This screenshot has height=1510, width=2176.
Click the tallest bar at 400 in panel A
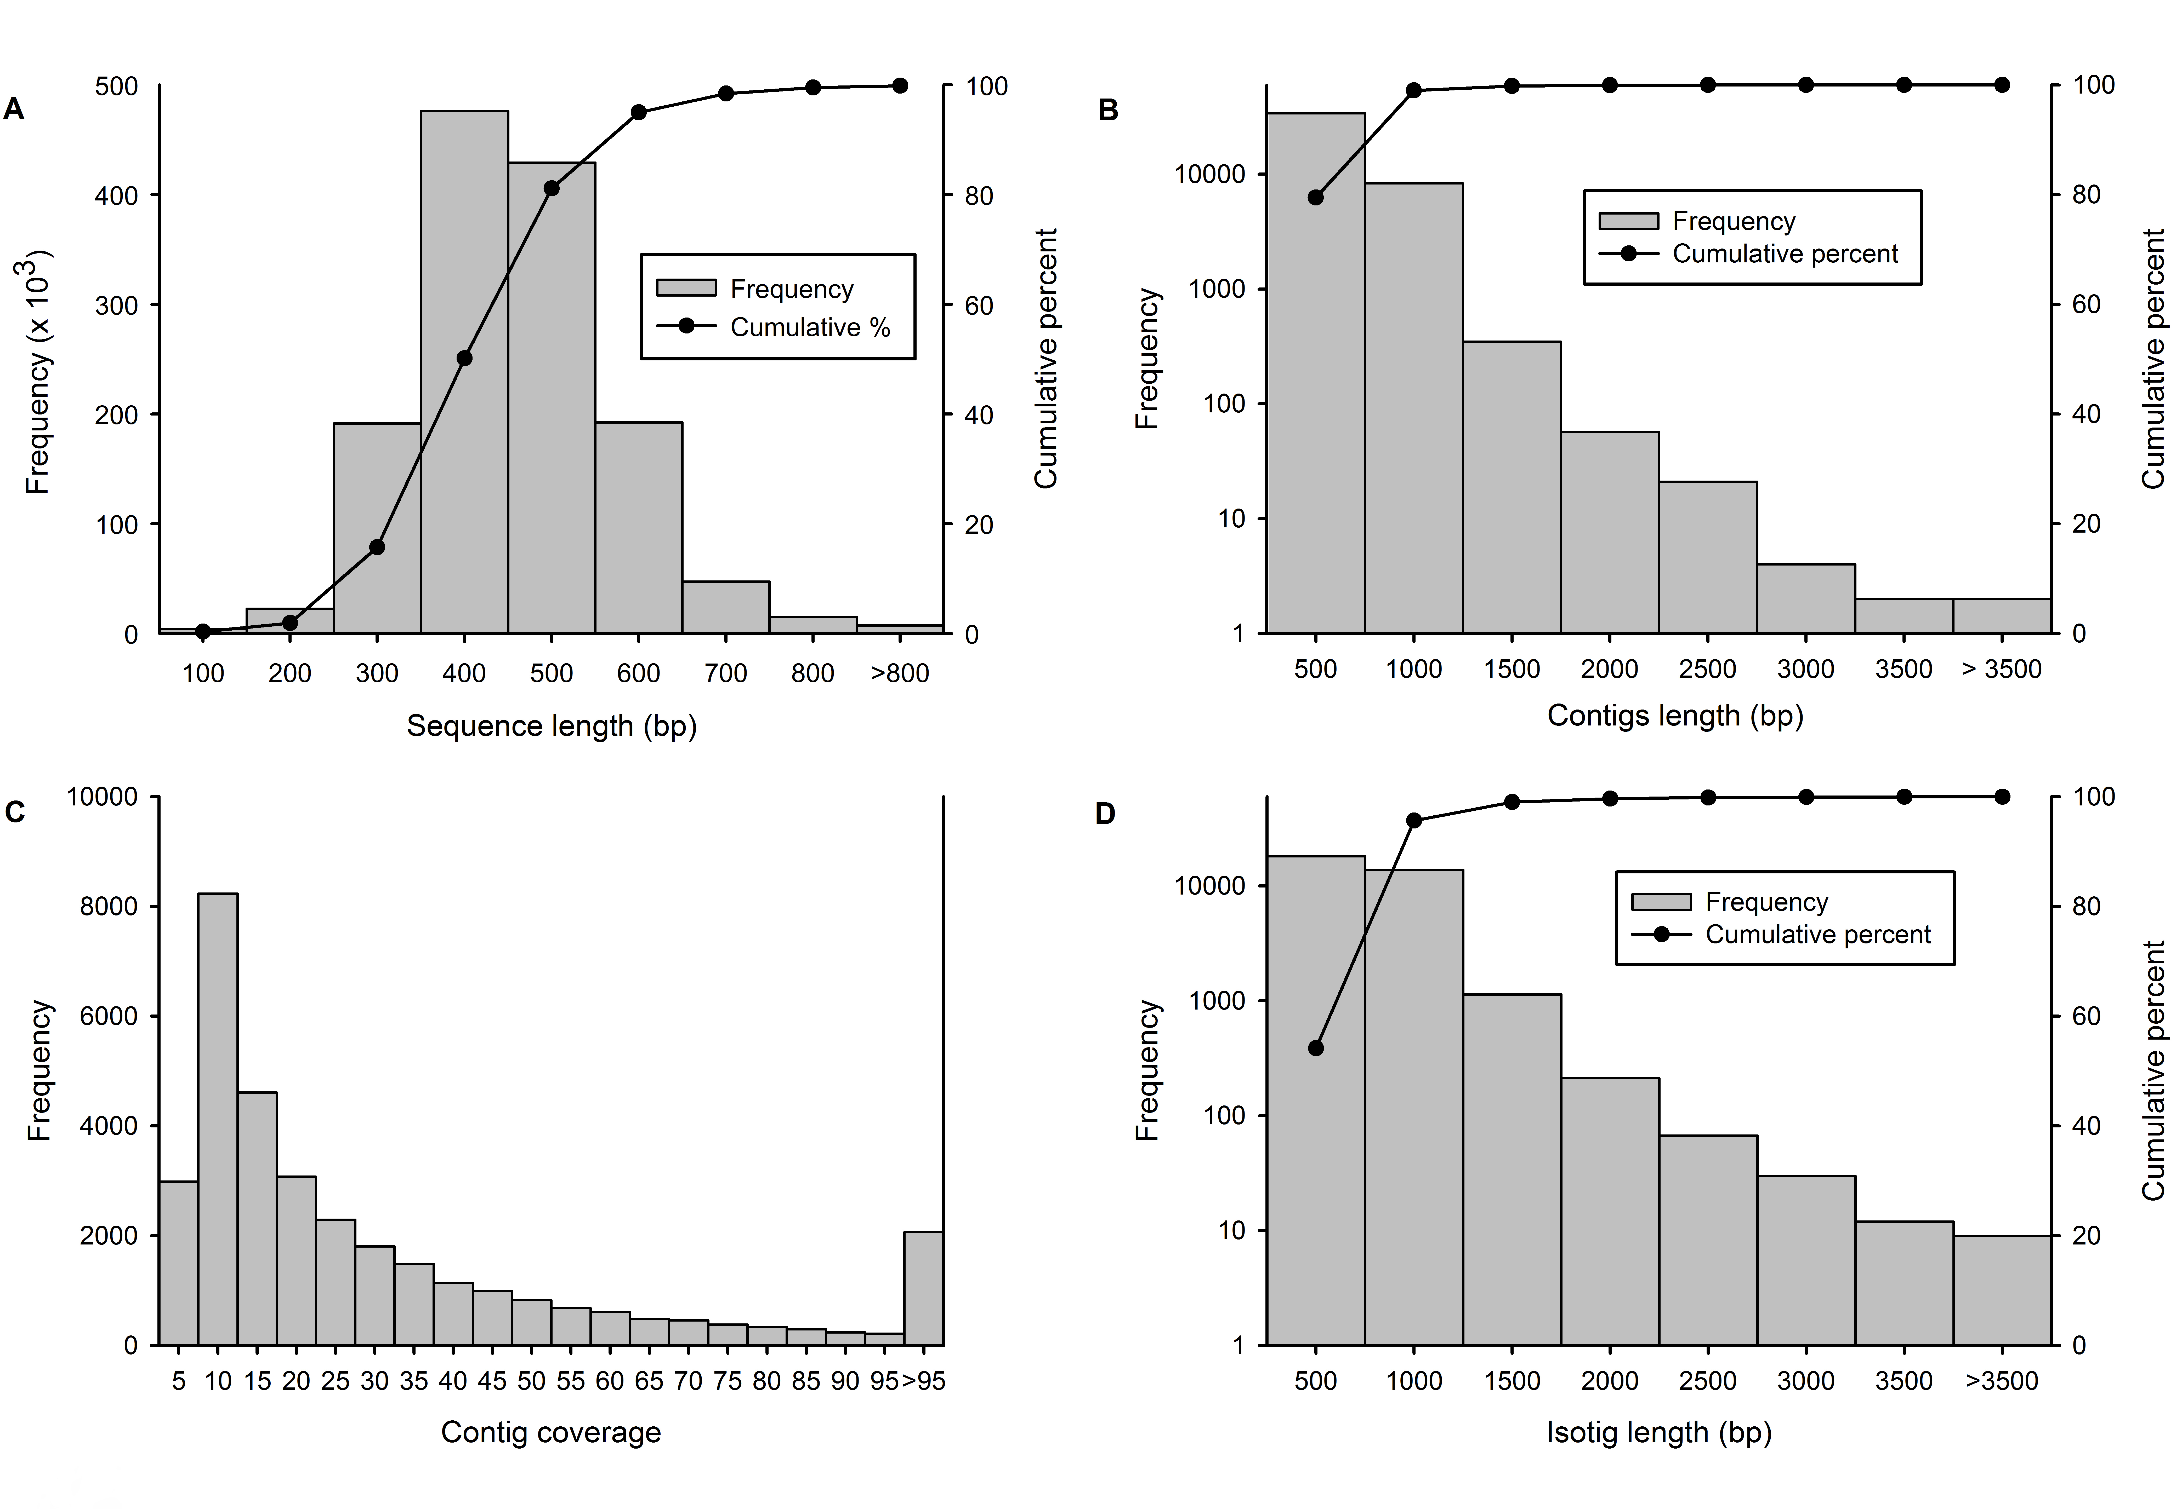[x=464, y=372]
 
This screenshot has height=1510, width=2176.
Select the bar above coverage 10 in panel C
[x=218, y=1118]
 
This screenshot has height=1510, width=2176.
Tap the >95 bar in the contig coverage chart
[x=924, y=1288]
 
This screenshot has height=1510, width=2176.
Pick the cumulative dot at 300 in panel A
[x=377, y=547]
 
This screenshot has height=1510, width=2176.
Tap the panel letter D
[x=1105, y=814]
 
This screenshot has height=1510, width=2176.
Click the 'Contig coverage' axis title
[x=551, y=1432]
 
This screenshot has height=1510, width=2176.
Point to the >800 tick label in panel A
[x=900, y=674]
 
